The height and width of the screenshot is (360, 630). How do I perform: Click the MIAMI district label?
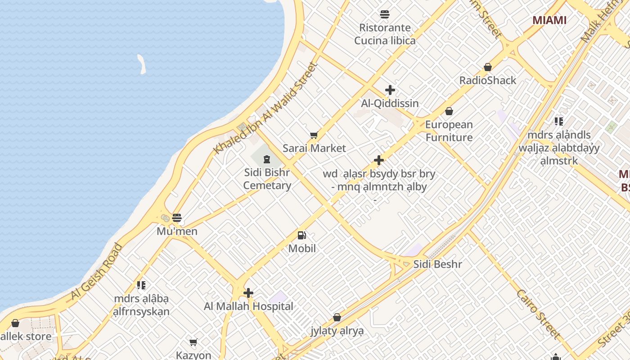click(549, 20)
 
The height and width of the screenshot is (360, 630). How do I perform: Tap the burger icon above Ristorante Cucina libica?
click(384, 14)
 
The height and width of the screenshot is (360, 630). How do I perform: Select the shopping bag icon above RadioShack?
click(487, 67)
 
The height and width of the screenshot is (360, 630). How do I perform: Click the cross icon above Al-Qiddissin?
click(390, 90)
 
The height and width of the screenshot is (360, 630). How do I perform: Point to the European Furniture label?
click(449, 131)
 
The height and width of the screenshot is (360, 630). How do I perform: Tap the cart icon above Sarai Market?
click(314, 135)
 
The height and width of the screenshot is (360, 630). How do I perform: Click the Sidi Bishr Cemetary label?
click(267, 179)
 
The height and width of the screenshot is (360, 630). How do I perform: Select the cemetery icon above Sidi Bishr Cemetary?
click(267, 159)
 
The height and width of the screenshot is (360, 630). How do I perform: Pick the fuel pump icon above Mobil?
click(301, 235)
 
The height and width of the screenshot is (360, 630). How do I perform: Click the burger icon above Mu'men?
click(177, 218)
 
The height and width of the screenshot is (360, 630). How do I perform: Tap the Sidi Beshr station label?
click(437, 264)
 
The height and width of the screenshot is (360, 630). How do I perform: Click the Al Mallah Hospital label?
click(248, 306)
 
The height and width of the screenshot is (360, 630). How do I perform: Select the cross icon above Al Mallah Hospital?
click(248, 293)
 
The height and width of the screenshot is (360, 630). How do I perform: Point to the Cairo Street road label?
click(538, 314)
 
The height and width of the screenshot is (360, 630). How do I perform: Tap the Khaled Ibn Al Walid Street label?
click(266, 108)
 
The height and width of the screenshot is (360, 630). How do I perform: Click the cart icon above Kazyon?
click(193, 342)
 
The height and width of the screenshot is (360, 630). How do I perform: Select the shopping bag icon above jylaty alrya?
click(337, 318)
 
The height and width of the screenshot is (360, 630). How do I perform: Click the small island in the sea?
click(142, 64)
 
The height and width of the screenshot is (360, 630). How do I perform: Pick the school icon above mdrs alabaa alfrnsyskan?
click(141, 285)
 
